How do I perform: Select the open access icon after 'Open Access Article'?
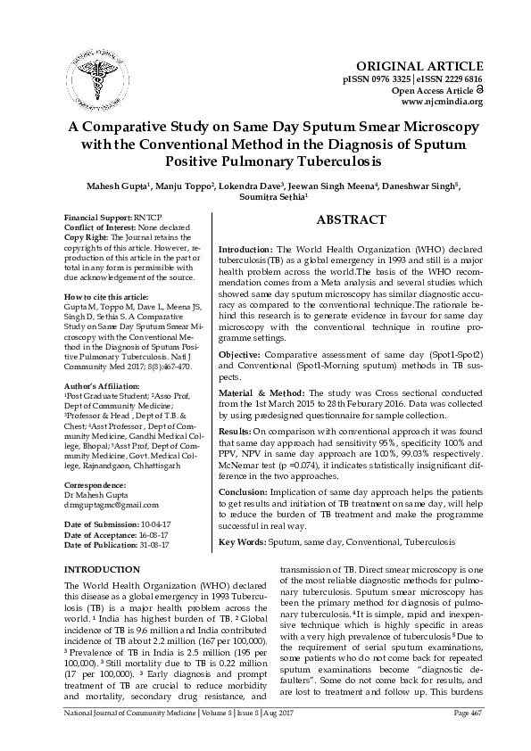coord(478,90)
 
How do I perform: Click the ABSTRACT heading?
coord(351,220)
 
